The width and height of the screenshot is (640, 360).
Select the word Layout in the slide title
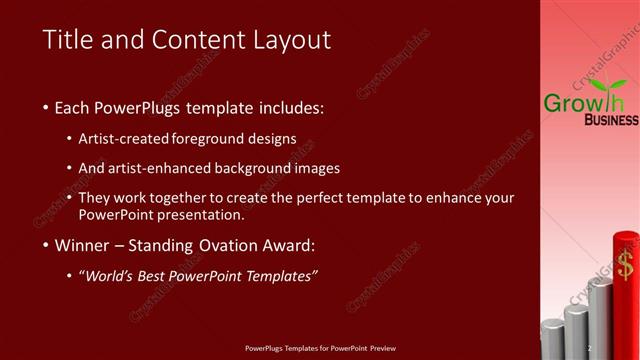tap(292, 41)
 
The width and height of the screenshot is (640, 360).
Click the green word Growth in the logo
tap(583, 101)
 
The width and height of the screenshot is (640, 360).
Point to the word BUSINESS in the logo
tap(611, 120)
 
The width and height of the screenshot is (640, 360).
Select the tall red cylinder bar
tap(626, 300)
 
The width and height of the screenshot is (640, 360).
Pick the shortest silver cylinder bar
tap(552, 341)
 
